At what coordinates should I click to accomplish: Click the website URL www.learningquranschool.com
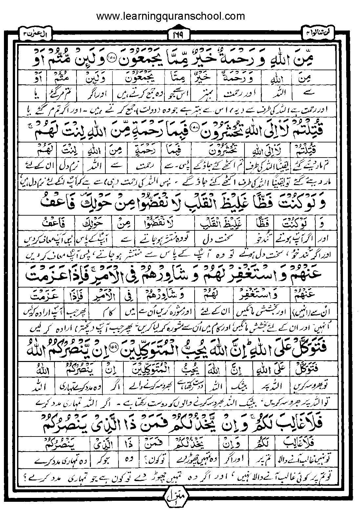170,16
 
